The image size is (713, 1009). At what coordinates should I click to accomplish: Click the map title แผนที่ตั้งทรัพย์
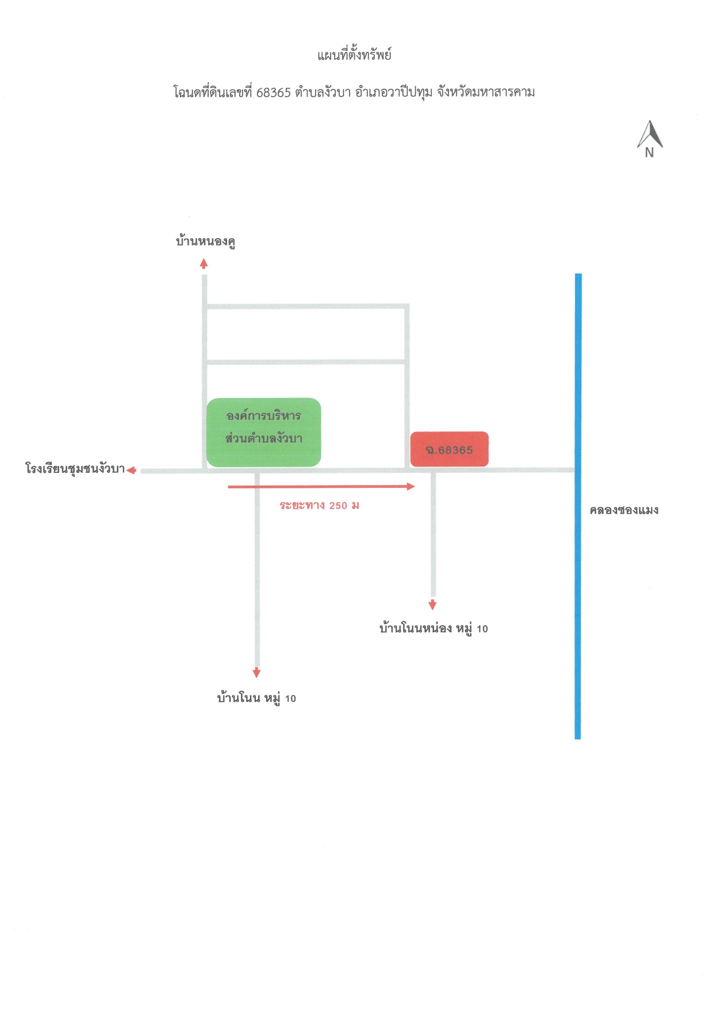click(354, 55)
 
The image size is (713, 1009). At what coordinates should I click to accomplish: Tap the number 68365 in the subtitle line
click(274, 93)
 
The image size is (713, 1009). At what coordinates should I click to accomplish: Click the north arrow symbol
click(650, 134)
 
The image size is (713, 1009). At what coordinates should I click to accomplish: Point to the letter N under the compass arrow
click(649, 152)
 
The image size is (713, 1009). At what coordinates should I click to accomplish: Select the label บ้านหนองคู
click(205, 241)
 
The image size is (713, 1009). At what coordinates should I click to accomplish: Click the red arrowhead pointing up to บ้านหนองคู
click(204, 264)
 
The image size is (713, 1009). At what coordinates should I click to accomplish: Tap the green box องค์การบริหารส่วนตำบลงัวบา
click(264, 432)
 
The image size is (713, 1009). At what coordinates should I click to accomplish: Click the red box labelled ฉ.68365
click(450, 449)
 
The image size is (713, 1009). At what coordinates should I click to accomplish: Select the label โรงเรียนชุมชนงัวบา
click(75, 468)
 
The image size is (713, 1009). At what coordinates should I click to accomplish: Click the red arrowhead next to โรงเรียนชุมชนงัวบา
click(131, 471)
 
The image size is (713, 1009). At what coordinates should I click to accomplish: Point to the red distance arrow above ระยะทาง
click(321, 487)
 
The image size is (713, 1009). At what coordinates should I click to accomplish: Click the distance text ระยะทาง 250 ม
click(320, 506)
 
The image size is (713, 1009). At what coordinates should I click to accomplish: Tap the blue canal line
click(578, 506)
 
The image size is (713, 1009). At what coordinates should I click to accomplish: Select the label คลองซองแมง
click(624, 510)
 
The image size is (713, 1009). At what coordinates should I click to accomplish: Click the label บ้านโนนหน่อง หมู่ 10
click(434, 628)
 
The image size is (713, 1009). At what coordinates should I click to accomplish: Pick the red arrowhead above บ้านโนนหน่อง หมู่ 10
click(432, 605)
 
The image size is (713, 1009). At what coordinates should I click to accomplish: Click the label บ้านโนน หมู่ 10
click(256, 698)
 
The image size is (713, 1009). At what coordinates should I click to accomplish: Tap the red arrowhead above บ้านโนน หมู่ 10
click(256, 673)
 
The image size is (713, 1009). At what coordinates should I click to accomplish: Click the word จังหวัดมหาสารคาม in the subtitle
click(486, 92)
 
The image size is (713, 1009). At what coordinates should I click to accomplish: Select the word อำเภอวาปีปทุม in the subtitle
click(394, 92)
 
